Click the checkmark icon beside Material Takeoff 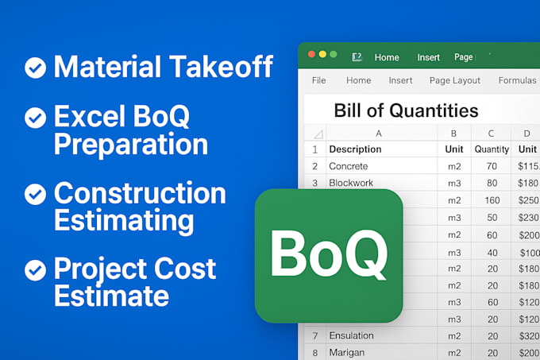(35, 68)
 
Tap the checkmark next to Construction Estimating (35, 195)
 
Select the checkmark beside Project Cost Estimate (35, 271)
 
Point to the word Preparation (131, 144)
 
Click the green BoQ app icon (329, 255)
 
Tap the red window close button (310, 54)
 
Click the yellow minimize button (322, 54)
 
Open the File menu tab (318, 80)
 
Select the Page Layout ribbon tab (455, 80)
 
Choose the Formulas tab (517, 80)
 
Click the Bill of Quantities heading (406, 110)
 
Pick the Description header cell (355, 149)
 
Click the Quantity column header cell (492, 149)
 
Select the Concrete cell (349, 166)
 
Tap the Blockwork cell (352, 183)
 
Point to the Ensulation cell (352, 335)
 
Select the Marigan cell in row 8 (348, 352)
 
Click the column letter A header (379, 133)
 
